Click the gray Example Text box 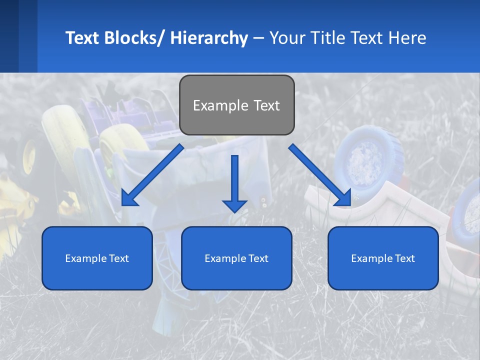236,105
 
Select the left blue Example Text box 97,258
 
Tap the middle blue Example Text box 236,258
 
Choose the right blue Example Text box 383,258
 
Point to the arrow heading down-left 152,175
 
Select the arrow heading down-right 320,175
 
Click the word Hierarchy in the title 209,38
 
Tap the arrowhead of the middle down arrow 234,205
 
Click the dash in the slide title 258,38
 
